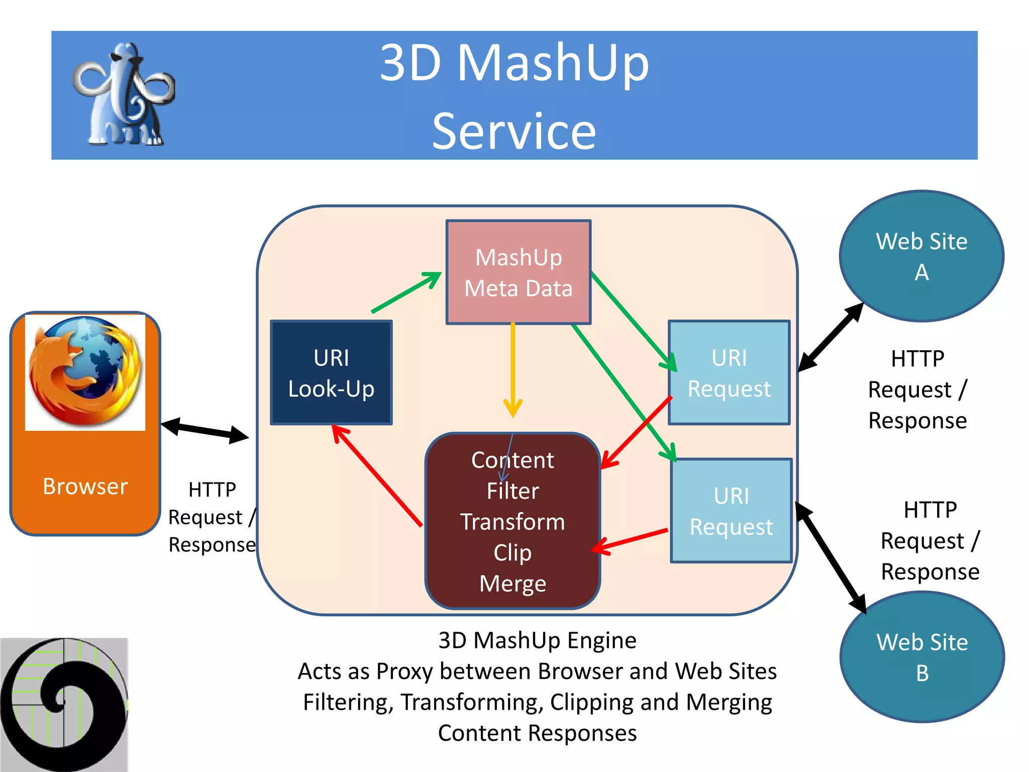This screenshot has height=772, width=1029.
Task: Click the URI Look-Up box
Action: click(331, 372)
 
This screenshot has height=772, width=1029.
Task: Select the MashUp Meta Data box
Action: click(518, 272)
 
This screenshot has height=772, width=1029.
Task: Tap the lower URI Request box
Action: click(731, 510)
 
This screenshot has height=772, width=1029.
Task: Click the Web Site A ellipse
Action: click(921, 256)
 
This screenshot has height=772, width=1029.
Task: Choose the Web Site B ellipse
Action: click(921, 656)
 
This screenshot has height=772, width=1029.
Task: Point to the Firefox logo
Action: click(85, 371)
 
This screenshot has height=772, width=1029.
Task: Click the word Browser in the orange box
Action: click(85, 486)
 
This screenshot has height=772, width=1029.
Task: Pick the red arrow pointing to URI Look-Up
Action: click(377, 475)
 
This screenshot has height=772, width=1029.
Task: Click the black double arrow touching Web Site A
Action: click(831, 337)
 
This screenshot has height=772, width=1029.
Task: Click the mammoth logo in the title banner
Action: click(124, 95)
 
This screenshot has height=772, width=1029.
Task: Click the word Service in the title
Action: click(513, 132)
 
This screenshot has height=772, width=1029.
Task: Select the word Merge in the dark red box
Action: click(512, 584)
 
